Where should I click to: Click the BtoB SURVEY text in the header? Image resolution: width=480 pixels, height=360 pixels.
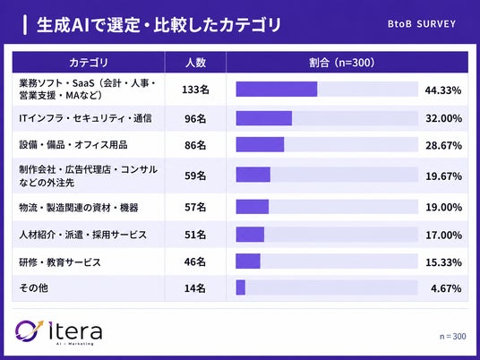tap(422, 24)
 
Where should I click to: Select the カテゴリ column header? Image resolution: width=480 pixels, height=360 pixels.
tap(89, 63)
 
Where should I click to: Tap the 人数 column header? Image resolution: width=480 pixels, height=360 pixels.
tap(195, 63)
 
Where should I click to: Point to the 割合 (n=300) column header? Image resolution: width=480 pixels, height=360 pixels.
tap(341, 63)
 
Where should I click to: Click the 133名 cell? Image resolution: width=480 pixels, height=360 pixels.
tap(195, 90)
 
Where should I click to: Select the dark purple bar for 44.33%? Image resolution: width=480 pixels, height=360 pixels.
tap(277, 89)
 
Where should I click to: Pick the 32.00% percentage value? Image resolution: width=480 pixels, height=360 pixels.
tap(443, 118)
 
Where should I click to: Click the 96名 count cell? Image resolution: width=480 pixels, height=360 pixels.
tap(195, 118)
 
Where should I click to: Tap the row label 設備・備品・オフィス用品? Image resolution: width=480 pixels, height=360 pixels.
tap(73, 145)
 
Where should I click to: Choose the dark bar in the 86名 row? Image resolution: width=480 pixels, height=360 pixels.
tap(260, 144)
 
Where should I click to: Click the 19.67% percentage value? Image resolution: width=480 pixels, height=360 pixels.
tap(443, 176)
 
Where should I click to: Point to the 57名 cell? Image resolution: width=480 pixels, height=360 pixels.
tap(195, 207)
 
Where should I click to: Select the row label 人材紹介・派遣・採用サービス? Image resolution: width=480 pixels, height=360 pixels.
tap(83, 235)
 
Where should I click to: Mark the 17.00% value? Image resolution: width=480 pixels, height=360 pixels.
tap(443, 236)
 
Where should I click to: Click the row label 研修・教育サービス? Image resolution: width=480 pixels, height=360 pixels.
tap(60, 262)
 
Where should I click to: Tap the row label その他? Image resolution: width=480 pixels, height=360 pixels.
tap(34, 287)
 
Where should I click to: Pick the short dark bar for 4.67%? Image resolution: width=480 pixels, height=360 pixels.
tap(241, 287)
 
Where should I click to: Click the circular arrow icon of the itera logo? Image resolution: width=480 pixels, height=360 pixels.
tap(29, 330)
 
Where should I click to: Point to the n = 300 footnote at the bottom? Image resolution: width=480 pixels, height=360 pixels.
tap(453, 336)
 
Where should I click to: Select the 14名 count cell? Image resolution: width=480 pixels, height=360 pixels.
tap(195, 288)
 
